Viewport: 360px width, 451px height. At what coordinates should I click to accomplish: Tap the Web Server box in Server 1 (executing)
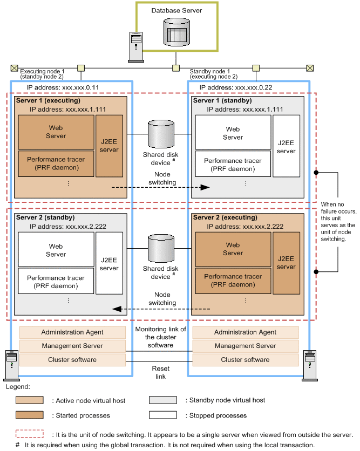(56, 132)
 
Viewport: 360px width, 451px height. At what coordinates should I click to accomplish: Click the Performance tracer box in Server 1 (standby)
(233, 165)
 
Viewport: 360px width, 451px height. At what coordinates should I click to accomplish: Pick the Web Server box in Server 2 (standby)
(56, 250)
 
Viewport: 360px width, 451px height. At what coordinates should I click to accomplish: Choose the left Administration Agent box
(72, 332)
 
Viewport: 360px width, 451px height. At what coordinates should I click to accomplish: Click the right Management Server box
(245, 346)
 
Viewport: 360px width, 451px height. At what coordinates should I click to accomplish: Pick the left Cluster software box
(72, 359)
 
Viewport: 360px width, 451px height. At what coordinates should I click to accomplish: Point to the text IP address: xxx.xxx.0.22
(235, 87)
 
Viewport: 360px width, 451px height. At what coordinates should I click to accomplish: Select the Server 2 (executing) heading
(226, 217)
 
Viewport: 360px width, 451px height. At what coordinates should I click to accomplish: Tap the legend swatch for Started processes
(33, 415)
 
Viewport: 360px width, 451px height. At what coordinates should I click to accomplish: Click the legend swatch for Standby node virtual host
(163, 400)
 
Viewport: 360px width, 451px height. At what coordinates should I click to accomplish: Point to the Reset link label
(160, 372)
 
